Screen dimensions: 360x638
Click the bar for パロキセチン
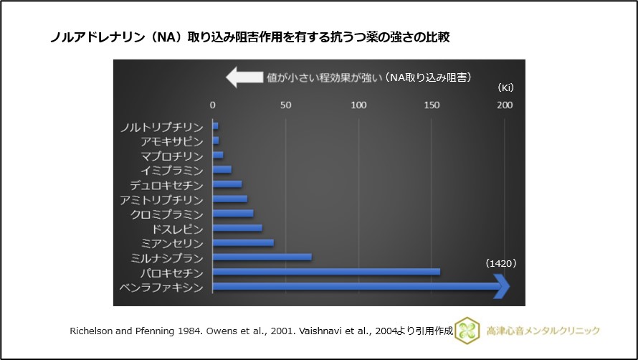point(326,272)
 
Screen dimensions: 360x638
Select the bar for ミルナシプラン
point(262,257)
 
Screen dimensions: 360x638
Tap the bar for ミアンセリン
point(244,243)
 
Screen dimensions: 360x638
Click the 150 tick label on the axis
point(432,105)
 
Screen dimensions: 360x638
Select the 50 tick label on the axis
point(285,105)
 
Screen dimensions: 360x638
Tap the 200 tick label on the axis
point(505,105)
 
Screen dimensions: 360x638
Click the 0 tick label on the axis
point(212,105)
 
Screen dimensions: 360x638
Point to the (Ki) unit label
point(505,87)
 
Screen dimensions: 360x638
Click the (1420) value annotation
point(501,264)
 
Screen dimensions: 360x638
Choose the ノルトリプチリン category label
point(163,127)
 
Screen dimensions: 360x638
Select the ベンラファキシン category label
point(163,288)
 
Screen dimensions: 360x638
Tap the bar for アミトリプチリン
point(230,199)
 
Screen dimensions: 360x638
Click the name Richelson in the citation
point(92,331)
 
